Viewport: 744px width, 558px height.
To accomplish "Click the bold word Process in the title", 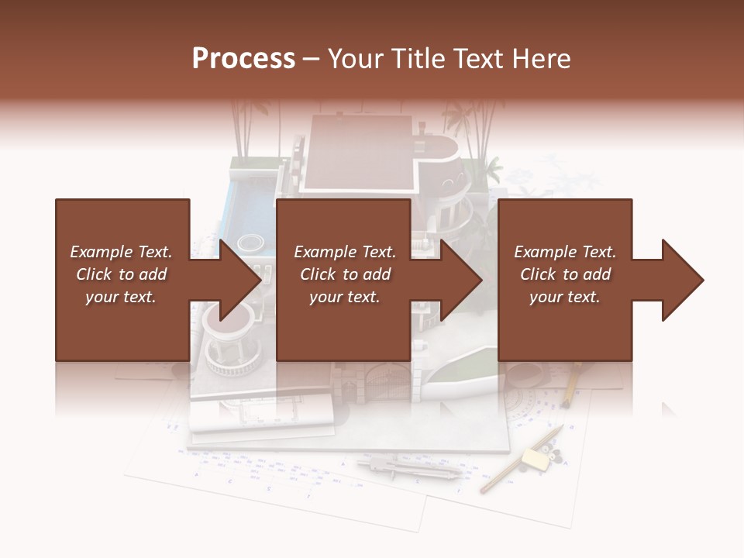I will coord(243,59).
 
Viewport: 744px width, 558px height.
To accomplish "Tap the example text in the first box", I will coord(122,274).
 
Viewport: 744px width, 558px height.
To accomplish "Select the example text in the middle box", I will coord(345,274).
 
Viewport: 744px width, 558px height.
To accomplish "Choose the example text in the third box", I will coord(565,274).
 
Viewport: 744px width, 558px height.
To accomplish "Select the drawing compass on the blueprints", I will coord(411,468).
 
